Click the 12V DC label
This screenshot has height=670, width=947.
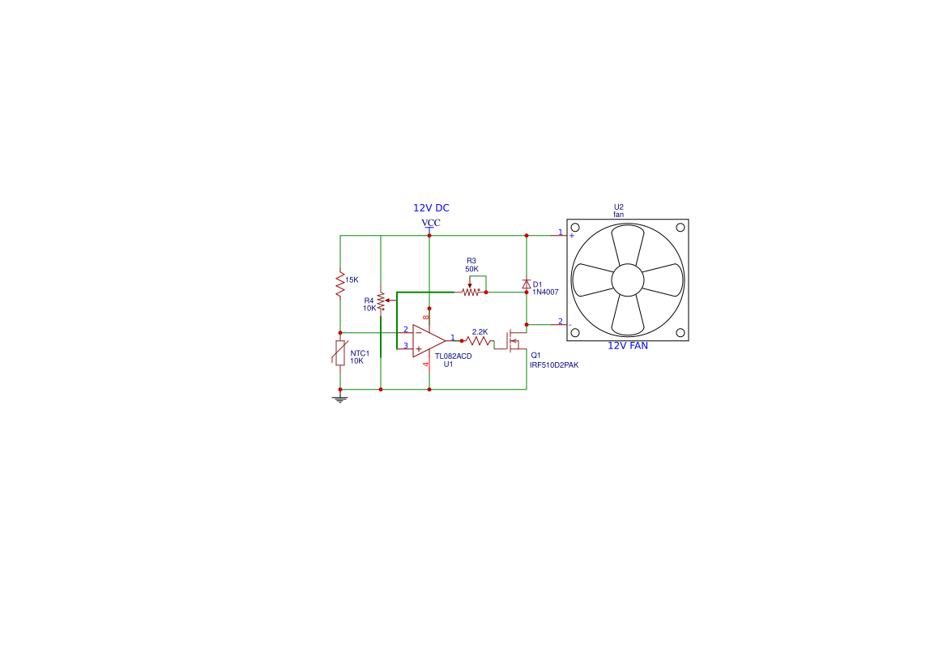(431, 208)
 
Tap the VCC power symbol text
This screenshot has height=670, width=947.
(431, 222)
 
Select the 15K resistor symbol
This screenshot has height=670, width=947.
(340, 284)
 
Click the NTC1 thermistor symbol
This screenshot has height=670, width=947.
(340, 352)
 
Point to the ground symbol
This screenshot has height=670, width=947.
(340, 399)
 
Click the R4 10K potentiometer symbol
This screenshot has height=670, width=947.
(382, 301)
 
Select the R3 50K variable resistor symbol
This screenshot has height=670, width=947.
(471, 291)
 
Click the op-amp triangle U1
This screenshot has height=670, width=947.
(429, 341)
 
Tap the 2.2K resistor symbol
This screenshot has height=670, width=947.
(479, 341)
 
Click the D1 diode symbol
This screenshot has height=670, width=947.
(526, 284)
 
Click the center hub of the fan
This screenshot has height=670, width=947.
(628, 280)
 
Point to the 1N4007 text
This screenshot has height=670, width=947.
(545, 292)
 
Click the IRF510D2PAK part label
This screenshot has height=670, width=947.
(554, 365)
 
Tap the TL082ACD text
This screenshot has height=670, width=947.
(454, 356)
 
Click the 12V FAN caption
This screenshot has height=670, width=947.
(628, 346)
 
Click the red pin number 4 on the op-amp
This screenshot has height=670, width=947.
(425, 365)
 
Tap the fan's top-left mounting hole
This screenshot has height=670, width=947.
(575, 227)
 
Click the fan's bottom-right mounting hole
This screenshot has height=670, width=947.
(680, 333)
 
